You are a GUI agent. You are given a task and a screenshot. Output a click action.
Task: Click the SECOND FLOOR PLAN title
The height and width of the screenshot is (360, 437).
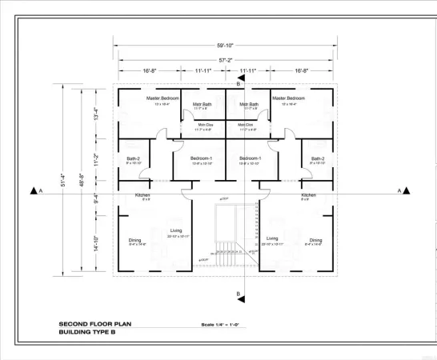pyautogui.click(x=95, y=324)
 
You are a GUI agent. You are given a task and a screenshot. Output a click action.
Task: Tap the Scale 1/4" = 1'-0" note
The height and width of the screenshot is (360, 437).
pyautogui.click(x=226, y=324)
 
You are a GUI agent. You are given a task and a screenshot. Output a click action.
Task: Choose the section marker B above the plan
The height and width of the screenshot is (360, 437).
pyautogui.click(x=238, y=82)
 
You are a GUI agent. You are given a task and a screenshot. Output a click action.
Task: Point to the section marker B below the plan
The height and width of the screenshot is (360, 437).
pyautogui.click(x=238, y=294)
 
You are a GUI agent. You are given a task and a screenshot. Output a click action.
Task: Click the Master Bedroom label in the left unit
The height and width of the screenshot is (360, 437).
pyautogui.click(x=162, y=98)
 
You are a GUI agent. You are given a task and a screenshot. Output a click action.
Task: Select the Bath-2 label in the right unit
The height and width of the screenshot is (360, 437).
pyautogui.click(x=317, y=158)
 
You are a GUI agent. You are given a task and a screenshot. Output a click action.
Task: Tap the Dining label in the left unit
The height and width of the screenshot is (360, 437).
pyautogui.click(x=134, y=240)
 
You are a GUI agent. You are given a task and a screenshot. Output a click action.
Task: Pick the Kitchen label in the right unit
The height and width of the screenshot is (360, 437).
pyautogui.click(x=308, y=195)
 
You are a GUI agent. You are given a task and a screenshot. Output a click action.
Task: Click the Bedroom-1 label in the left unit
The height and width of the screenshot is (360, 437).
pyautogui.click(x=202, y=158)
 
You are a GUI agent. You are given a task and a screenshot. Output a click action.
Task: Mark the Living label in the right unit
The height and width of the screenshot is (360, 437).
pyautogui.click(x=272, y=238)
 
